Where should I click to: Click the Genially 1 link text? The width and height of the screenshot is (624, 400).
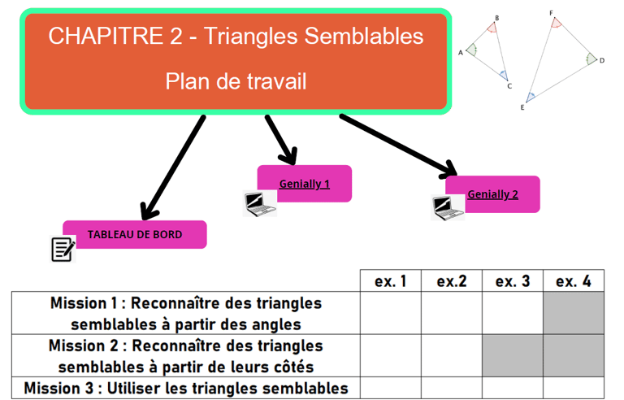pos(304,184)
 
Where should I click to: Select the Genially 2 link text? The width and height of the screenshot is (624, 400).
pos(492,194)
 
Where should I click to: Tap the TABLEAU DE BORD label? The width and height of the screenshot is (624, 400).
pos(135,234)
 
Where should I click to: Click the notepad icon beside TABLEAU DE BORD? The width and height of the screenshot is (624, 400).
pos(63,249)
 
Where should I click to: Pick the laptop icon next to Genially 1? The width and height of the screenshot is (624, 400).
pos(260,203)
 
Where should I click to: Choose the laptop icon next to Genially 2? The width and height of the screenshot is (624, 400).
pos(447,208)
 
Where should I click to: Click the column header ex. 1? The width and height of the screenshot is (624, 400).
pos(390,281)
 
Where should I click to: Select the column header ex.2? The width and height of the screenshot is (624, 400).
pos(451,281)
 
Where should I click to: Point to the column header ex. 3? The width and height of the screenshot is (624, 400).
pos(513,281)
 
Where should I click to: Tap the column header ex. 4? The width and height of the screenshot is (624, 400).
pos(574,281)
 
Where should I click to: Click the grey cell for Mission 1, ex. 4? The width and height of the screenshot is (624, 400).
pos(574,314)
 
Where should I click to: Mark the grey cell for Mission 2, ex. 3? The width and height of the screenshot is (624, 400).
pos(513,355)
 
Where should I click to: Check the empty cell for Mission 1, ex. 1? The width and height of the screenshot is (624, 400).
pos(390,314)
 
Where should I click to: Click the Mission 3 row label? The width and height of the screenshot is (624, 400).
pos(186,388)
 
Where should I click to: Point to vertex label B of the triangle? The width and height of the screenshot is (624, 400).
pos(496,18)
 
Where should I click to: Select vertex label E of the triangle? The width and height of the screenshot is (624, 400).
pos(522,107)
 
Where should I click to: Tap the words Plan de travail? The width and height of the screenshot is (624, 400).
pos(236,81)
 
